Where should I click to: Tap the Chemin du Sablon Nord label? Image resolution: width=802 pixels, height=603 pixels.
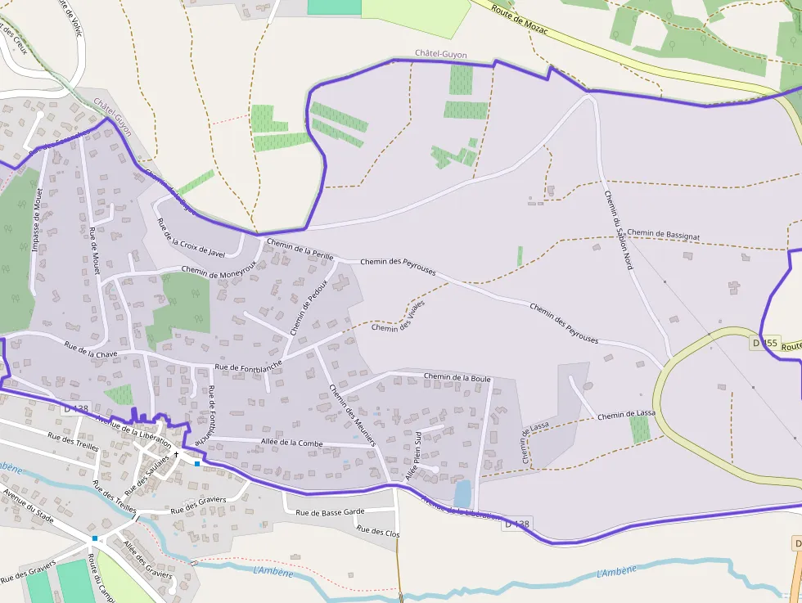(618, 230)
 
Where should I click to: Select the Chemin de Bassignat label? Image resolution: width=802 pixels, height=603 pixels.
(665, 234)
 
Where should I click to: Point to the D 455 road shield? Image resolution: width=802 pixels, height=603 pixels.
(765, 344)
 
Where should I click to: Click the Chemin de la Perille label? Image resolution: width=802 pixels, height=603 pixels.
(300, 250)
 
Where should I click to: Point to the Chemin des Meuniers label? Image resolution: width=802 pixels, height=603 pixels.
(351, 414)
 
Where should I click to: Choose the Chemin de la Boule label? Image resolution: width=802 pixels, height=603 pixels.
(457, 377)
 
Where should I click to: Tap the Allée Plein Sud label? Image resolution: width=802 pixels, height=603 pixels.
(412, 456)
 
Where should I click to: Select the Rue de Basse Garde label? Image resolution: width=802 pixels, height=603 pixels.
(330, 513)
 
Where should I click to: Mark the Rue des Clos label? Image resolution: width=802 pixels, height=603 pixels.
(379, 531)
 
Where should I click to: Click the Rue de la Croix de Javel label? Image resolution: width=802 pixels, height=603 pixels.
(190, 238)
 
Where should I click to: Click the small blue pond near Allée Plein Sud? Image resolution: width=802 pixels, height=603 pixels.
(462, 494)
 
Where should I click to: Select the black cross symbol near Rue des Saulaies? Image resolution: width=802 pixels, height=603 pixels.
(175, 453)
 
